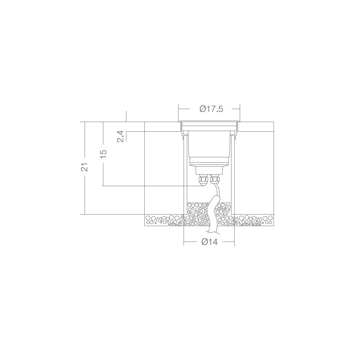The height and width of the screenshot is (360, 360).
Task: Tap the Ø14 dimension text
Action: coord(210,242)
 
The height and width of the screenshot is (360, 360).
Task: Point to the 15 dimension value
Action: coord(103,153)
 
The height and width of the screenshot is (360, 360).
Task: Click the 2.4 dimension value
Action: coord(121,137)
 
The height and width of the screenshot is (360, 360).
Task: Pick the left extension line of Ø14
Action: coord(184,238)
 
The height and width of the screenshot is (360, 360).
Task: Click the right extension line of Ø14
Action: coord(235,238)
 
